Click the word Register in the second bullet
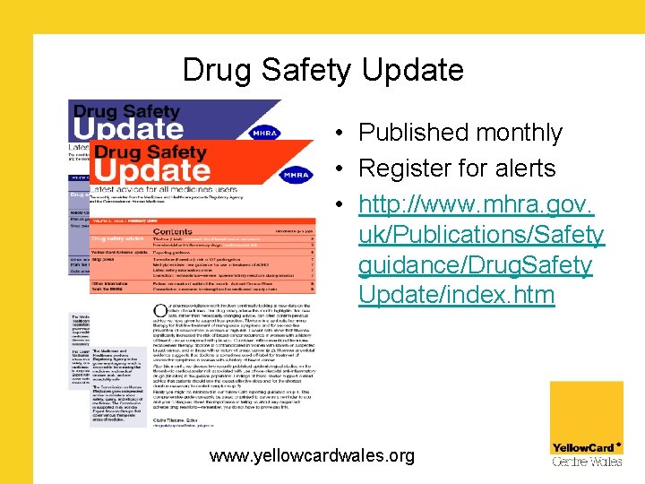click(x=399, y=168)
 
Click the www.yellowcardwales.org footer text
click(x=312, y=456)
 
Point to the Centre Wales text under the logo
click(x=587, y=462)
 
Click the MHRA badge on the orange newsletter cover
click(x=295, y=176)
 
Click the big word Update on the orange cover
click(x=152, y=170)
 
